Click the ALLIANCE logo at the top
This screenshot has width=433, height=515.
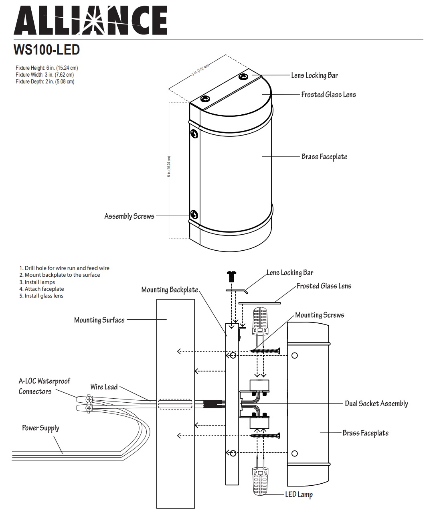(90, 20)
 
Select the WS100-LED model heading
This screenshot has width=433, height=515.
(47, 50)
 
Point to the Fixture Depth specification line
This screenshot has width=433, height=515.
(45, 82)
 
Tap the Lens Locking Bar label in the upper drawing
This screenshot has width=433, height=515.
(314, 75)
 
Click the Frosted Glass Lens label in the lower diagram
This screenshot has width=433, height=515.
(324, 286)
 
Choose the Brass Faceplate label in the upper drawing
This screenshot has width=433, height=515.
(324, 156)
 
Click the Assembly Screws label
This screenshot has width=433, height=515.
(129, 216)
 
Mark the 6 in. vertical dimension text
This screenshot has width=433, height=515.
(169, 166)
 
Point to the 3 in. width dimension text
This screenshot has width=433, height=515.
(200, 69)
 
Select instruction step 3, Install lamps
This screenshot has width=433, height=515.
(37, 282)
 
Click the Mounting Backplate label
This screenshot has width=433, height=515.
(170, 290)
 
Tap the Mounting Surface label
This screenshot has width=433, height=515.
(99, 320)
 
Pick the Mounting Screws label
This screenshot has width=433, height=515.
(320, 315)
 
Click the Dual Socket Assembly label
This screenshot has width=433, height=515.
(376, 403)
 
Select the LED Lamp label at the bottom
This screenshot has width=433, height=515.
(299, 495)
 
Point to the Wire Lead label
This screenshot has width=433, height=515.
(104, 387)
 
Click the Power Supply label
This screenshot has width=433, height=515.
(40, 428)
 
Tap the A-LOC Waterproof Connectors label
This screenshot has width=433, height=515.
(44, 386)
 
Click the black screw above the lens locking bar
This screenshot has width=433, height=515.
(231, 276)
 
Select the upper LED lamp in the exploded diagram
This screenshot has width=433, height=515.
(260, 321)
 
